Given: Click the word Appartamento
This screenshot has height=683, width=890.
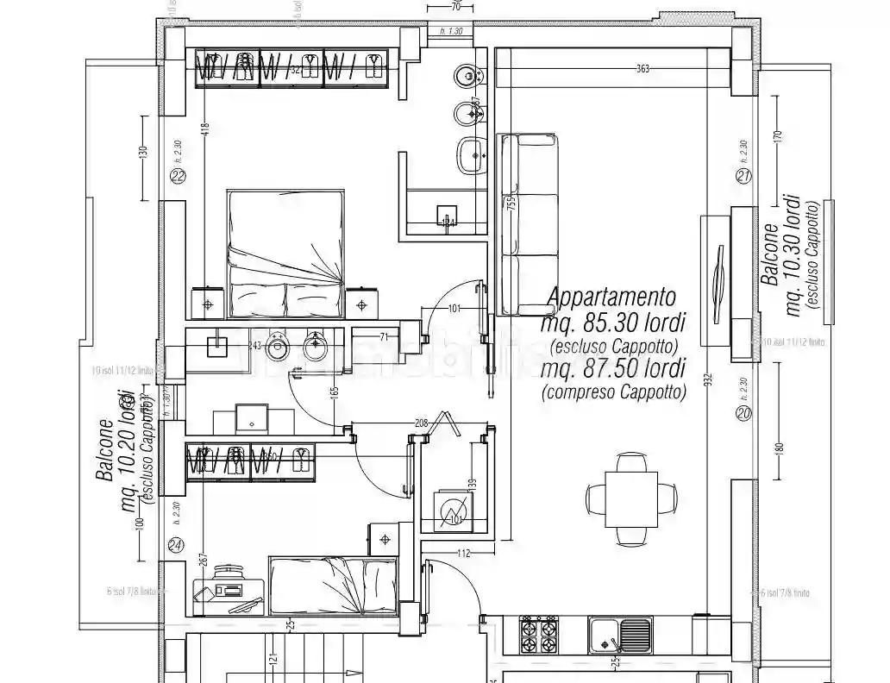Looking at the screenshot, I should click(611, 298).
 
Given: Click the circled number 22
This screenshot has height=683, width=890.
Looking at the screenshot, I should click(179, 177).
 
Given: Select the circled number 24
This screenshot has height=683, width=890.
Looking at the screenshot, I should click(176, 545).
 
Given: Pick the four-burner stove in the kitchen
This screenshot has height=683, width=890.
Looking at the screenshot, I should click(538, 636).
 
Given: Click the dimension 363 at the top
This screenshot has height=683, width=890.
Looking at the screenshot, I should click(642, 68).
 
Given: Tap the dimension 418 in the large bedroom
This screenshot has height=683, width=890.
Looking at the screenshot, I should click(204, 128).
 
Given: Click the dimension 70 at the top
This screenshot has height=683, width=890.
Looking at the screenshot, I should click(456, 7).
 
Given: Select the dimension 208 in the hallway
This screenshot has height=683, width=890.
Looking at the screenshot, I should click(420, 423).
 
